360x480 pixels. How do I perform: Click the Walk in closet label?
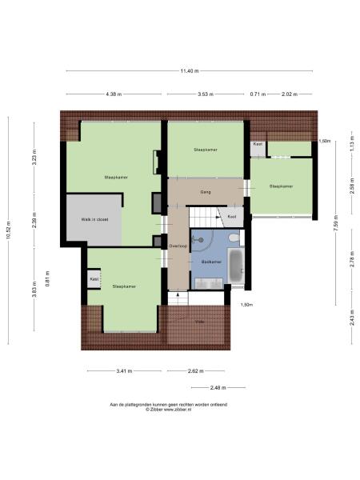pos(94,218)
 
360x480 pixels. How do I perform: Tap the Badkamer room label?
pos(210,262)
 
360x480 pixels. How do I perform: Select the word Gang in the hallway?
pos(206,193)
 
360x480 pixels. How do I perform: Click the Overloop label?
pos(178,246)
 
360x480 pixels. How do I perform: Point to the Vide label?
pos(200,322)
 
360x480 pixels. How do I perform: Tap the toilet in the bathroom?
pos(233,238)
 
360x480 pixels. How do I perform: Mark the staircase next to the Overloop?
pos(202,217)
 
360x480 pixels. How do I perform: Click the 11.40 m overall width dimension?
pos(189,72)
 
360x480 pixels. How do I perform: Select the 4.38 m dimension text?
pos(113,94)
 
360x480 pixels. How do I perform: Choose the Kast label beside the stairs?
pos(232,217)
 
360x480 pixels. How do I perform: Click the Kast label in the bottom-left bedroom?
pos(94,279)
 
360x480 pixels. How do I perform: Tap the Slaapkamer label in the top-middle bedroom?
pos(206,150)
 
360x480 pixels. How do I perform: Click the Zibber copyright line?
pos(168,410)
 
